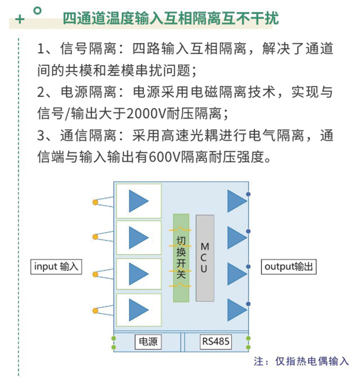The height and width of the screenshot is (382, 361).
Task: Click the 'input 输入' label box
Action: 56,267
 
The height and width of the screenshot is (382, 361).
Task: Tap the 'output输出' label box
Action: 289,267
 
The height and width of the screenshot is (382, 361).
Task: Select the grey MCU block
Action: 205,258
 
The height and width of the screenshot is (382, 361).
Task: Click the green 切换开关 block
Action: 181,258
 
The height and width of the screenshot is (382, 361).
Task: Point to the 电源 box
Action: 148,342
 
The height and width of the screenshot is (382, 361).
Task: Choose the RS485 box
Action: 215,342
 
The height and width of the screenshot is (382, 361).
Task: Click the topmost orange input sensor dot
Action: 95,202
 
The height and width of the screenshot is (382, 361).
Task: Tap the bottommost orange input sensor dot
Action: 95,311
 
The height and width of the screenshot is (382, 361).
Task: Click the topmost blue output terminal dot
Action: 248,194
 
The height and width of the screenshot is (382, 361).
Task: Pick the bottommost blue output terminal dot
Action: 248,304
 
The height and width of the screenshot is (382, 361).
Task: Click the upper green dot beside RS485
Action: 248,338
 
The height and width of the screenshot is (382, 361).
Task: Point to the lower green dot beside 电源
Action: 114,347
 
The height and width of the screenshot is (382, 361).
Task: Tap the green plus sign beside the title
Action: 20,19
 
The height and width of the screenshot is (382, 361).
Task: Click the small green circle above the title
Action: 37,11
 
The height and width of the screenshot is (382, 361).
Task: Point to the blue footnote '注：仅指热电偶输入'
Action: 301,361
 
